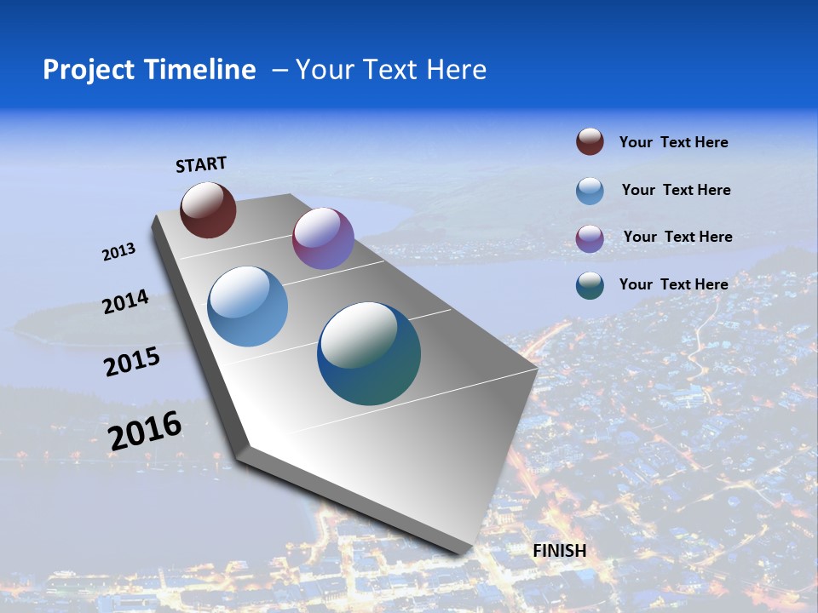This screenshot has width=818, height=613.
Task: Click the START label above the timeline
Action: pos(201,164)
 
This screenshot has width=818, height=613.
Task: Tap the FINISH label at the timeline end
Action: pos(559,551)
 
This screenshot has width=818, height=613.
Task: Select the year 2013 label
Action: pos(118,252)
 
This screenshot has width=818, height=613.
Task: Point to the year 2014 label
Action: pos(125,301)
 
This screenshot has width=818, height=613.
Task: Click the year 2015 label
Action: pos(132,362)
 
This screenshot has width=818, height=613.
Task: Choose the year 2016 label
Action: pos(145,431)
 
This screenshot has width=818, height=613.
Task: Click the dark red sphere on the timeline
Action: pos(208,210)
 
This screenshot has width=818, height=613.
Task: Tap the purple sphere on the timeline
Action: pos(323,238)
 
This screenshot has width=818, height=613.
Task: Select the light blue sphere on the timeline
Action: pos(247,306)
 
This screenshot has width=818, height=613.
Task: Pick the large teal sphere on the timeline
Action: pos(369,353)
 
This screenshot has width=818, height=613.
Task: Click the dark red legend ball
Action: pos(590,142)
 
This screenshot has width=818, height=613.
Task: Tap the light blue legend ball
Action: pos(590,191)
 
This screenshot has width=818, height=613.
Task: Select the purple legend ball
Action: pos(590,238)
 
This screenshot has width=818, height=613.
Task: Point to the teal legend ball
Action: pos(590,285)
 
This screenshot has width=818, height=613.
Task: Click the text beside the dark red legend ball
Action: pos(673,142)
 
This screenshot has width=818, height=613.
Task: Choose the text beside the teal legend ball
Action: pos(673,284)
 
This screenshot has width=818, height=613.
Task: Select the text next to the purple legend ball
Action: pos(677,237)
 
